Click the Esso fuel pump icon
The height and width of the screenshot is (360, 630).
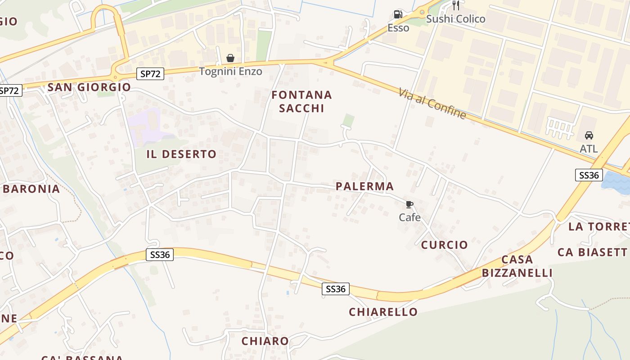pos(398,15)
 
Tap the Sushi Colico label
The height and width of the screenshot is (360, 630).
pos(455,19)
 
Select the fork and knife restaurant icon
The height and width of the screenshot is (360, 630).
pos(456,5)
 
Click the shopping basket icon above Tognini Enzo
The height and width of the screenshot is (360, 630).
pos(230,58)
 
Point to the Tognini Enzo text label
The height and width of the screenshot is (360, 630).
pos(230,72)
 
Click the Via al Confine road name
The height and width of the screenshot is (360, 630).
pos(432,103)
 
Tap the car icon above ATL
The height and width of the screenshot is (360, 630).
pos(589,135)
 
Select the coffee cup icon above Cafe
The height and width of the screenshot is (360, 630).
pos(409,205)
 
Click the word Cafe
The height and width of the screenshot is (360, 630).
pos(409,217)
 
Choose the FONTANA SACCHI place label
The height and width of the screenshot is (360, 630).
pos(301,101)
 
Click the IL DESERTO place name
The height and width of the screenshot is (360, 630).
pos(181,154)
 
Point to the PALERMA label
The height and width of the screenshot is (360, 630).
pos(364,186)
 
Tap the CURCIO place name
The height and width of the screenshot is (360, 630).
pos(444,245)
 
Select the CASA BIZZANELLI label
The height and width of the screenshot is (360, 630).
pos(517,266)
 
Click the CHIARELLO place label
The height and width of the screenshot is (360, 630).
pos(383,312)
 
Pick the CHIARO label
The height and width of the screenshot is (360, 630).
pos(265,341)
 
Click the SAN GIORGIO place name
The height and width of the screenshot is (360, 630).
pos(89,87)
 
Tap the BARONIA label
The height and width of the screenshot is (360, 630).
pos(31,189)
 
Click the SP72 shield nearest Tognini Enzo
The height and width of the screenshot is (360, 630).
pos(150,74)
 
